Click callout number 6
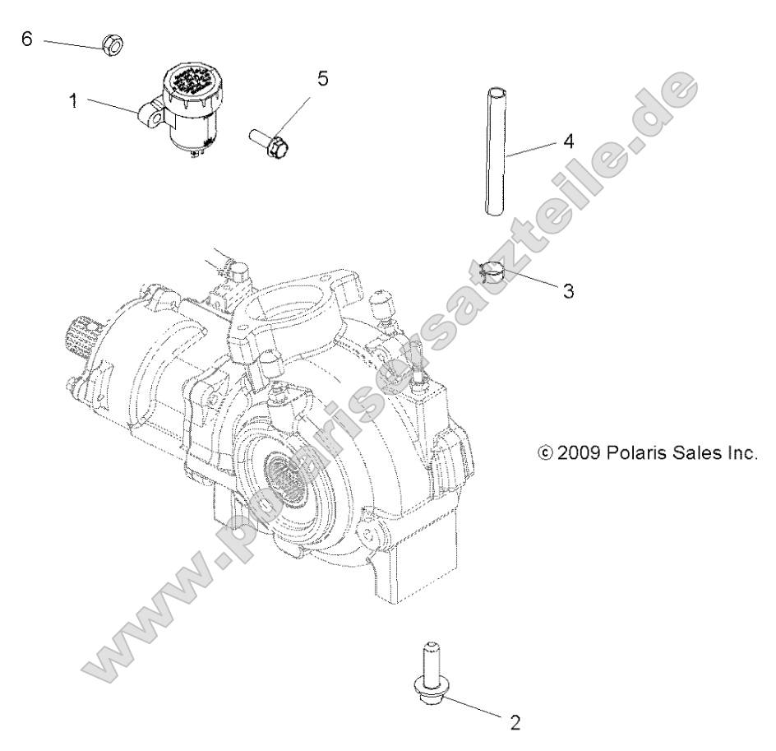pos(26,39)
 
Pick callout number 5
pos(322,78)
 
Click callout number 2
pos(515,723)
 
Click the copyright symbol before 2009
pos(543,452)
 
